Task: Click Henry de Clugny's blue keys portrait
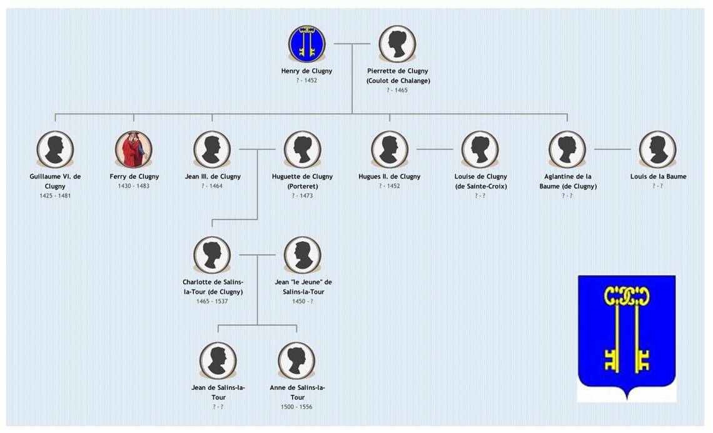click(306, 44)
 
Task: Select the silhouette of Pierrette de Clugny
click(397, 44)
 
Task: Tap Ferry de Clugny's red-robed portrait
click(134, 149)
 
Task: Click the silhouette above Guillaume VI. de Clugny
click(55, 149)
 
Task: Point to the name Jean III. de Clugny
click(213, 176)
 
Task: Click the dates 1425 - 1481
click(55, 196)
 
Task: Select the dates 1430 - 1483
click(134, 186)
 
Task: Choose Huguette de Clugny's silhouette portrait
click(303, 149)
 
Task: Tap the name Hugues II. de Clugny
click(389, 176)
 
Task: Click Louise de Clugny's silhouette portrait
click(480, 149)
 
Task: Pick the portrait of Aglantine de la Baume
click(567, 149)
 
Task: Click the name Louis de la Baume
click(658, 176)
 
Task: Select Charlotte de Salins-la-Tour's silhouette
click(212, 255)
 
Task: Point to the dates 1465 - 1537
click(212, 301)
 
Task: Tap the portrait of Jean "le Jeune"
click(303, 255)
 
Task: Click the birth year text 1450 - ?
click(303, 301)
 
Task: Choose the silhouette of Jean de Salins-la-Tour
click(218, 361)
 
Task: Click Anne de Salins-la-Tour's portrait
click(296, 361)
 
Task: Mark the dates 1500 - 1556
click(296, 407)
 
